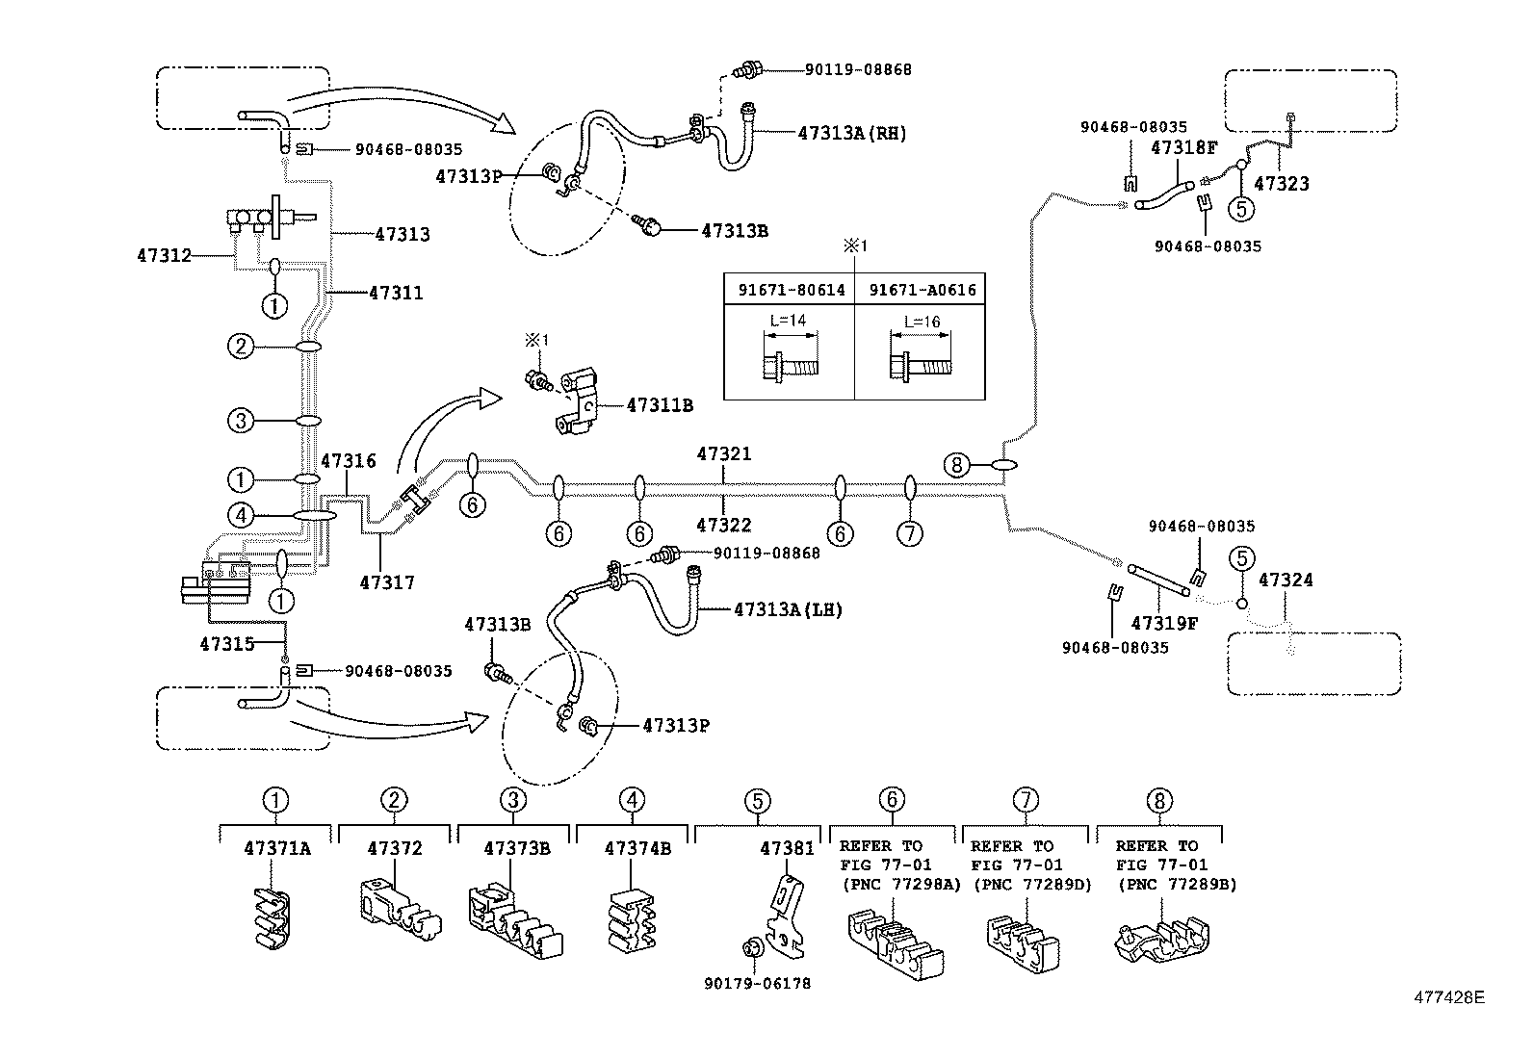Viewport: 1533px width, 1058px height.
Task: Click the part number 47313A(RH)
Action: (852, 134)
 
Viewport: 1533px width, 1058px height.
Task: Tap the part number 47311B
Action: (660, 405)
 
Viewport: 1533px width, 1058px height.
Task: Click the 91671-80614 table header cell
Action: (791, 290)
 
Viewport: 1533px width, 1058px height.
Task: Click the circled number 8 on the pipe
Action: (955, 466)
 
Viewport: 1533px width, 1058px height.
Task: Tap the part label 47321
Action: (724, 453)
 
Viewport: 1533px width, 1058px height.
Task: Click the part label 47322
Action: (724, 526)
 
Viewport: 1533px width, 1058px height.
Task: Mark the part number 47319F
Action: (1164, 623)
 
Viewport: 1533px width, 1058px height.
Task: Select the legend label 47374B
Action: (637, 848)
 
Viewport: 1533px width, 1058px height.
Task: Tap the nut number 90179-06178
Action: (757, 983)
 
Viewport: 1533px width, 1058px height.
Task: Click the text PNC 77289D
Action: (1031, 884)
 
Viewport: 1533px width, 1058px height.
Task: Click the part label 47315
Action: (227, 643)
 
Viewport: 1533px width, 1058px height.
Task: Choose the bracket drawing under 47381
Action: (788, 914)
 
